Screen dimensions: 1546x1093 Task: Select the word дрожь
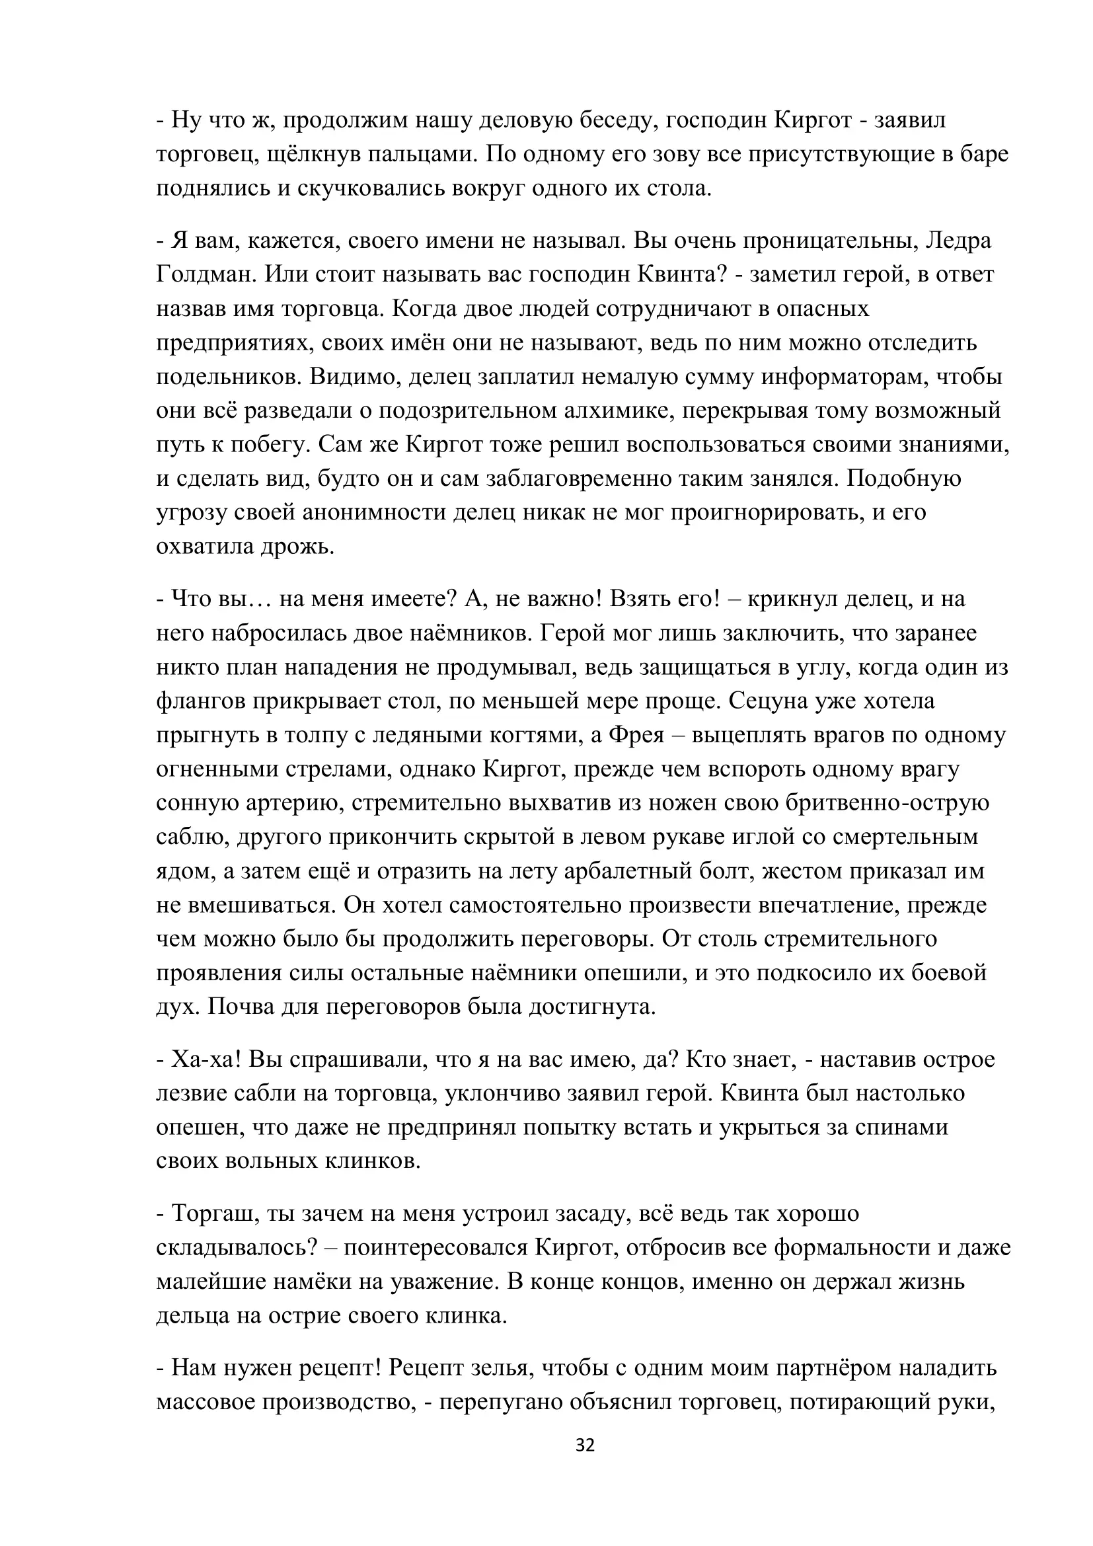point(298,546)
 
